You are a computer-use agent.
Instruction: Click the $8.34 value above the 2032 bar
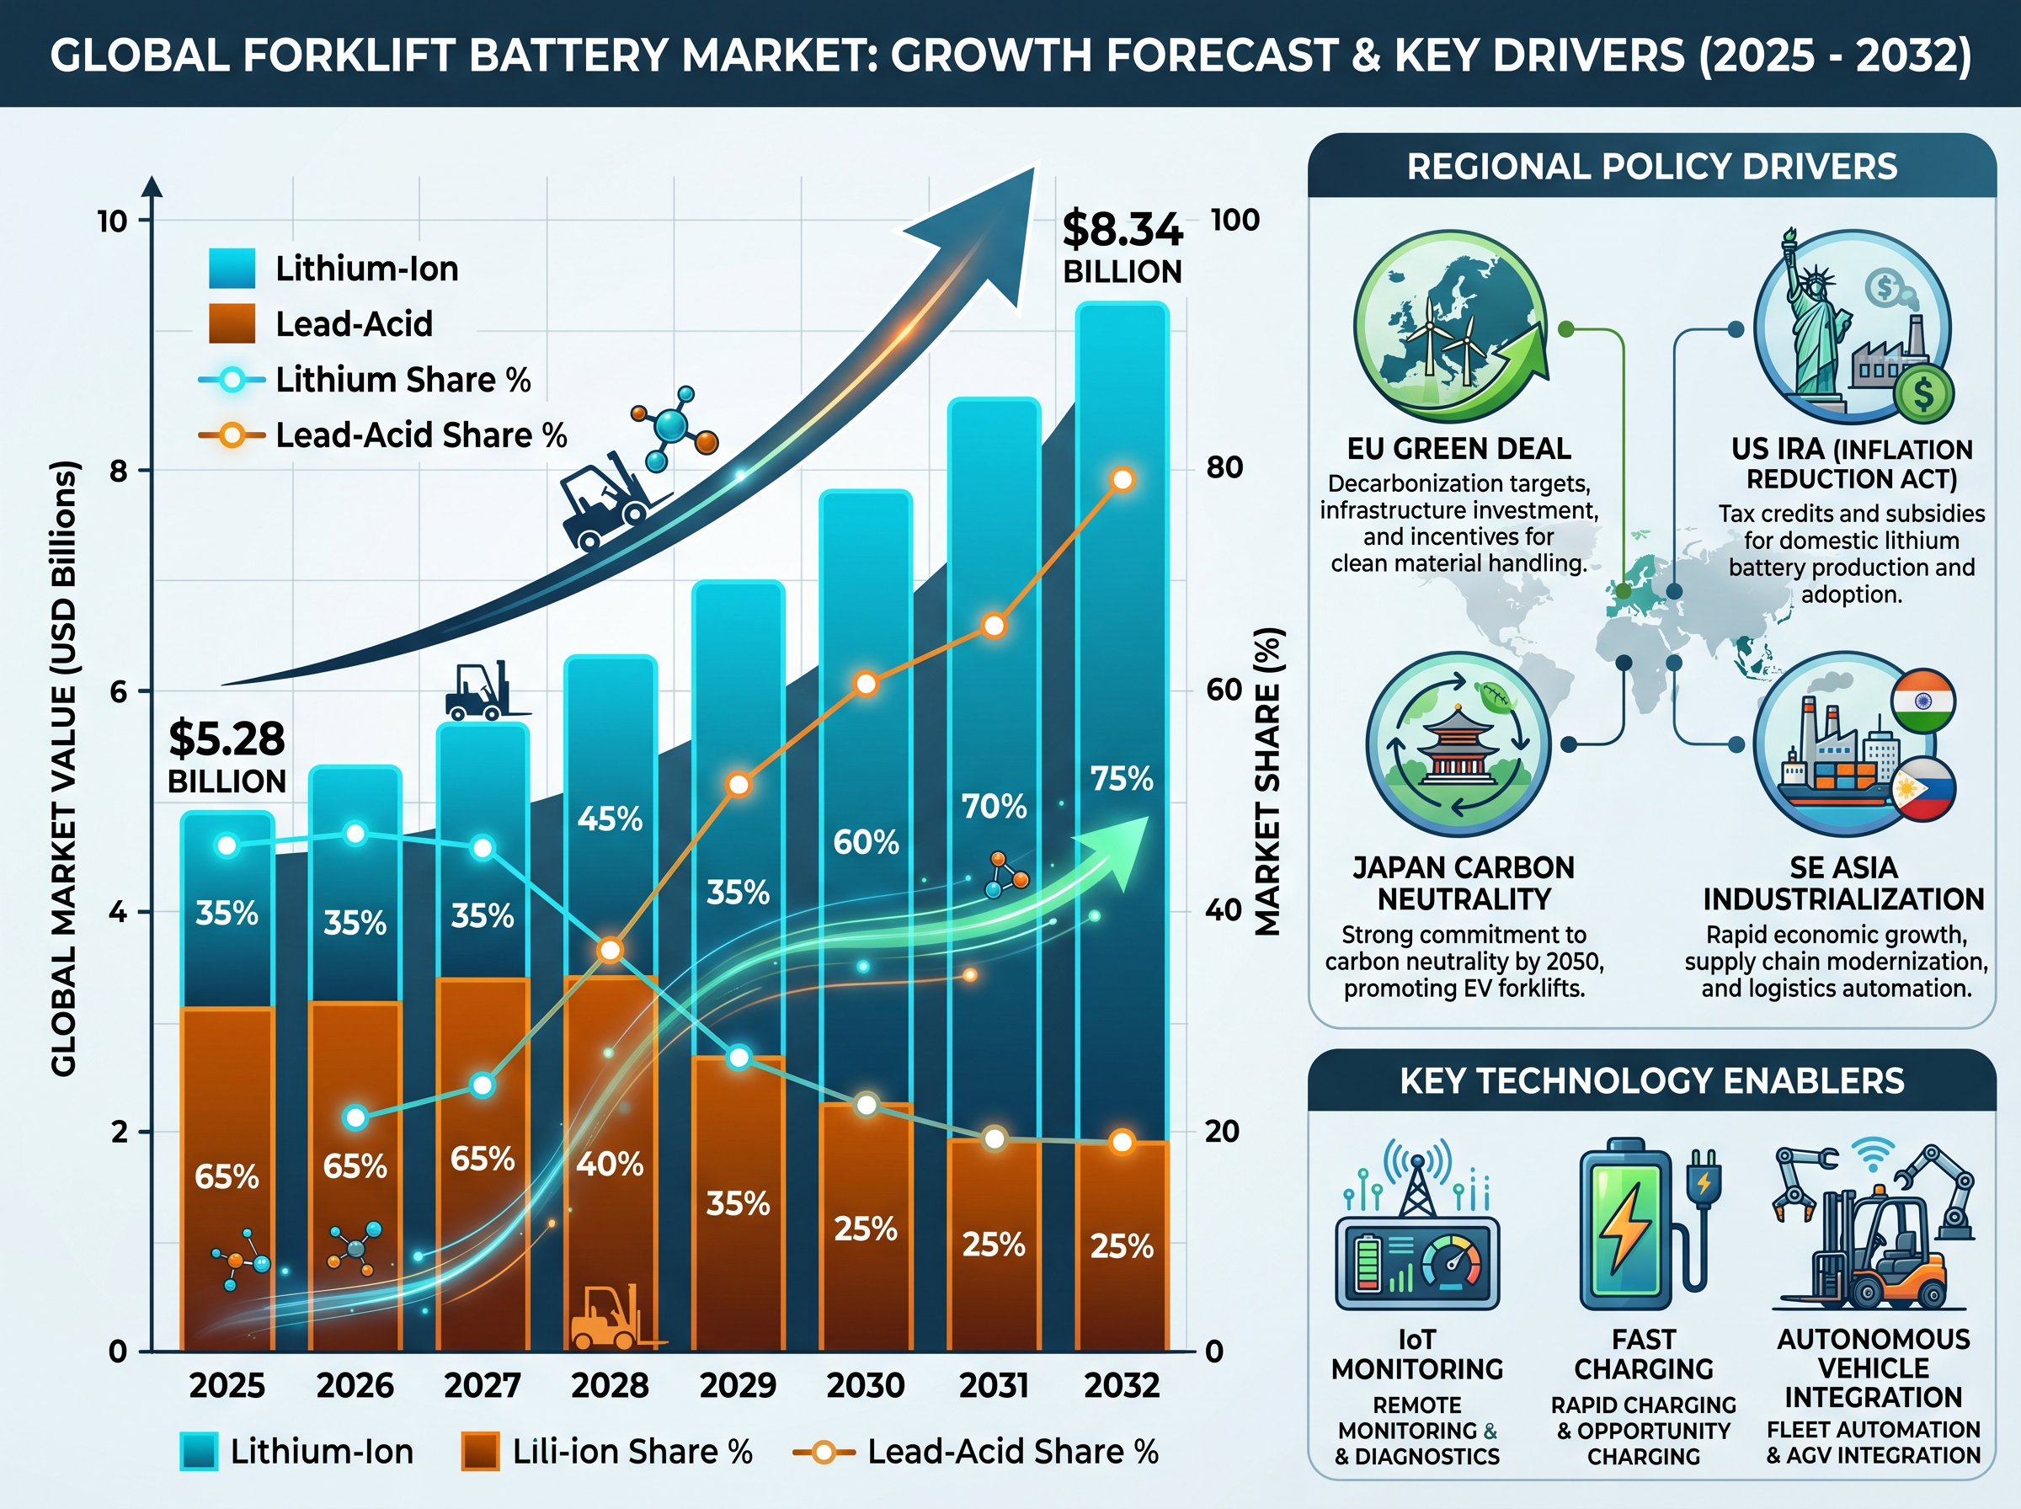click(1122, 229)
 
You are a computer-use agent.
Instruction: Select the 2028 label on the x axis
click(610, 1386)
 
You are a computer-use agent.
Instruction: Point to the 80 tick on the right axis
click(1224, 467)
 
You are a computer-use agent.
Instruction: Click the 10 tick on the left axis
click(112, 221)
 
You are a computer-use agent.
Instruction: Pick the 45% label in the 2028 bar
click(610, 818)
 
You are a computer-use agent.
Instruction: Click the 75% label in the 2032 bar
click(1122, 778)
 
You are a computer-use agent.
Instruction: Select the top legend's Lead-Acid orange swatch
click(232, 323)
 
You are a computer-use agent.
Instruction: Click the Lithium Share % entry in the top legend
click(365, 379)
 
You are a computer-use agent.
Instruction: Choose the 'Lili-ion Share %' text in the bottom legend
click(632, 1452)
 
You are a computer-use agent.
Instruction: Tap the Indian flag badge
click(1923, 701)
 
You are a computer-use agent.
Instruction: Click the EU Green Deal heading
click(1459, 449)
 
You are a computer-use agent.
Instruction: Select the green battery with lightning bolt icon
click(1626, 1224)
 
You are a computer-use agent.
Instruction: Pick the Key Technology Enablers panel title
click(1652, 1080)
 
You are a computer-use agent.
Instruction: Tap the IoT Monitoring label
click(1416, 1355)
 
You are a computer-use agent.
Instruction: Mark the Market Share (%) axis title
click(1267, 781)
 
